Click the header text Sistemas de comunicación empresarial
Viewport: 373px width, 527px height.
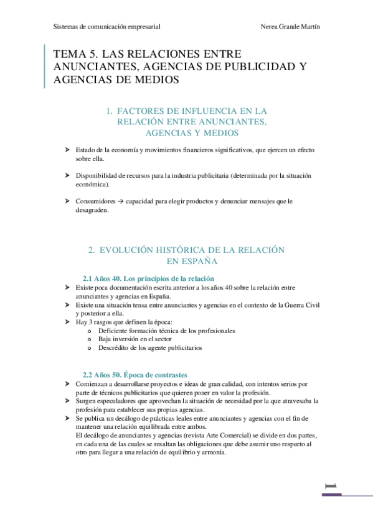tap(107, 27)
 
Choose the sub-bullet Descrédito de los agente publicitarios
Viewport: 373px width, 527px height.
tap(150, 348)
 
